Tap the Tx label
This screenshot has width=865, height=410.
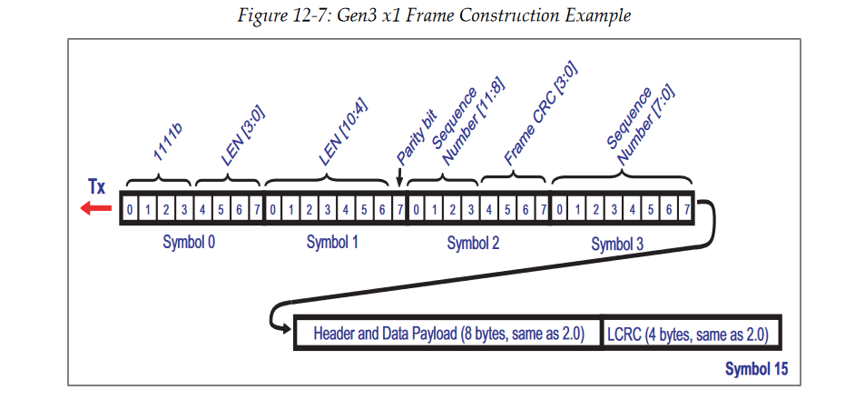[x=96, y=188]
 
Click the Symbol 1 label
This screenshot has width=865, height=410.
[x=332, y=243]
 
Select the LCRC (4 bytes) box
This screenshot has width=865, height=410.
[x=689, y=334]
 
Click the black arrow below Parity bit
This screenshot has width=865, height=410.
[x=400, y=181]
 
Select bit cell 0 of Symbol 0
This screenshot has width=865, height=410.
[x=130, y=210]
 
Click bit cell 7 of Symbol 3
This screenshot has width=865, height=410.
[x=687, y=210]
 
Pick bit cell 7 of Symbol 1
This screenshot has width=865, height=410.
[x=399, y=210]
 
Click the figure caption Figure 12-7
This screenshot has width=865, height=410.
[x=432, y=15]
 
